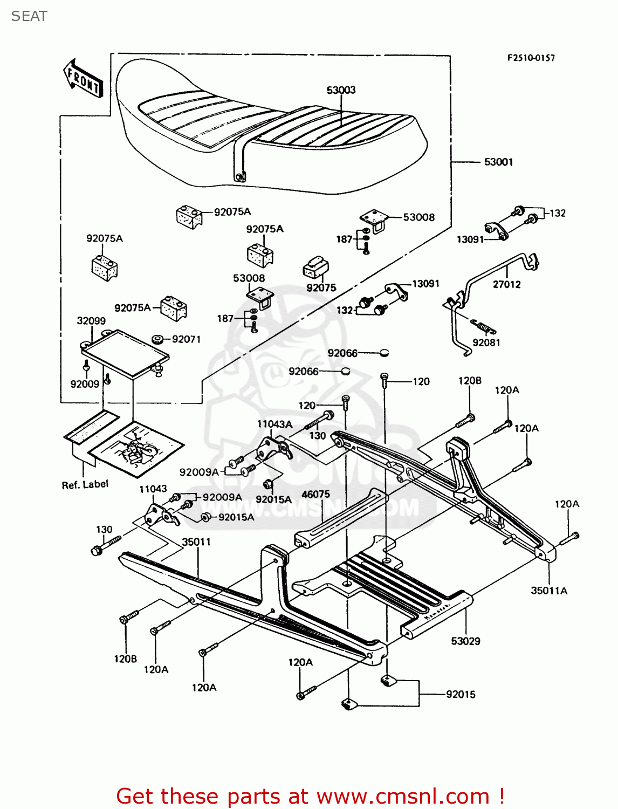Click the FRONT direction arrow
pyautogui.click(x=83, y=80)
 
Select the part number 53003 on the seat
pyautogui.click(x=341, y=90)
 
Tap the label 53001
pyautogui.click(x=498, y=162)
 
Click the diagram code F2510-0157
pyautogui.click(x=531, y=58)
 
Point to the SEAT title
pyautogui.click(x=29, y=16)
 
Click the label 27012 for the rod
pyautogui.click(x=506, y=284)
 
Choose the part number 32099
pyautogui.click(x=91, y=321)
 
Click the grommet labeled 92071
pyautogui.click(x=158, y=340)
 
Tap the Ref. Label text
pyautogui.click(x=85, y=485)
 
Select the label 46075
pyautogui.click(x=315, y=494)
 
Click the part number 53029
pyautogui.click(x=465, y=641)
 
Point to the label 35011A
pyautogui.click(x=549, y=591)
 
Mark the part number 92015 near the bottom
pyautogui.click(x=461, y=695)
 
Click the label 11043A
pyautogui.click(x=274, y=424)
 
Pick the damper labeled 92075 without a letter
pyautogui.click(x=314, y=267)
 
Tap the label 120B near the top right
pyautogui.click(x=470, y=381)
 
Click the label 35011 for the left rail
pyautogui.click(x=196, y=541)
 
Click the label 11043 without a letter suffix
pyautogui.click(x=153, y=489)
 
